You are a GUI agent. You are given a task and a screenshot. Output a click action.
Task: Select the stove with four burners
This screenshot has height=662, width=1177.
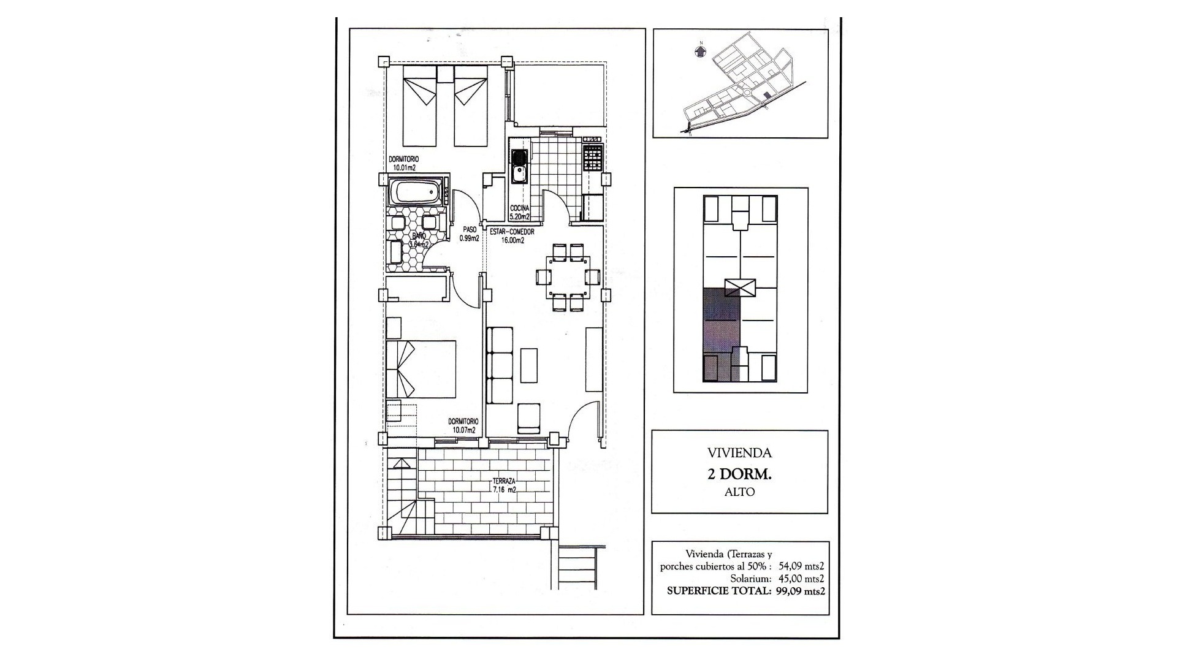click(x=593, y=158)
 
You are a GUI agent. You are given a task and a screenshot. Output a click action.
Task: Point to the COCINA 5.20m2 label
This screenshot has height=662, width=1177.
click(x=520, y=213)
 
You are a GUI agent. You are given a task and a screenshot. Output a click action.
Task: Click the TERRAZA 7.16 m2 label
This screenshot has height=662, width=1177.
click(x=504, y=485)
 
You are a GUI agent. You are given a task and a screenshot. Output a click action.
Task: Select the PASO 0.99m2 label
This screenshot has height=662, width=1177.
click(x=469, y=235)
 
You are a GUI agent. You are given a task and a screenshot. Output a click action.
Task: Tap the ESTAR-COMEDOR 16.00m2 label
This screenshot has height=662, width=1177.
click(x=512, y=237)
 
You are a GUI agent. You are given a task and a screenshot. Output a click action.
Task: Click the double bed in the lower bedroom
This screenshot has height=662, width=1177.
click(x=421, y=368)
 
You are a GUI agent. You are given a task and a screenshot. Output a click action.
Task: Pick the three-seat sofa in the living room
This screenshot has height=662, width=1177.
click(x=500, y=365)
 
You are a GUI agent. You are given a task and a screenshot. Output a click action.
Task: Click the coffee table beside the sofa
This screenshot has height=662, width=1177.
click(x=529, y=365)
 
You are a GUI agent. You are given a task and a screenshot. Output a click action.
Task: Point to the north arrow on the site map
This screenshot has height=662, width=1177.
click(x=699, y=51)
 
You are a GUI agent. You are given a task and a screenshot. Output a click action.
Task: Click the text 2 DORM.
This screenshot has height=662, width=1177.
click(x=739, y=474)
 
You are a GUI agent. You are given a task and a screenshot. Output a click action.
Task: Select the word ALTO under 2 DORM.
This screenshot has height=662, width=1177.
click(x=739, y=492)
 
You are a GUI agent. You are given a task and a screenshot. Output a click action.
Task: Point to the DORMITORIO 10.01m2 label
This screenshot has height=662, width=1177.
click(x=403, y=162)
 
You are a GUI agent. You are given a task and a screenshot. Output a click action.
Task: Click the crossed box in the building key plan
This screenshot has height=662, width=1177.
click(x=740, y=287)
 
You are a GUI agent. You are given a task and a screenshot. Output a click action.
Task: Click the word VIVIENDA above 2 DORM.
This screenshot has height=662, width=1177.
click(x=739, y=454)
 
